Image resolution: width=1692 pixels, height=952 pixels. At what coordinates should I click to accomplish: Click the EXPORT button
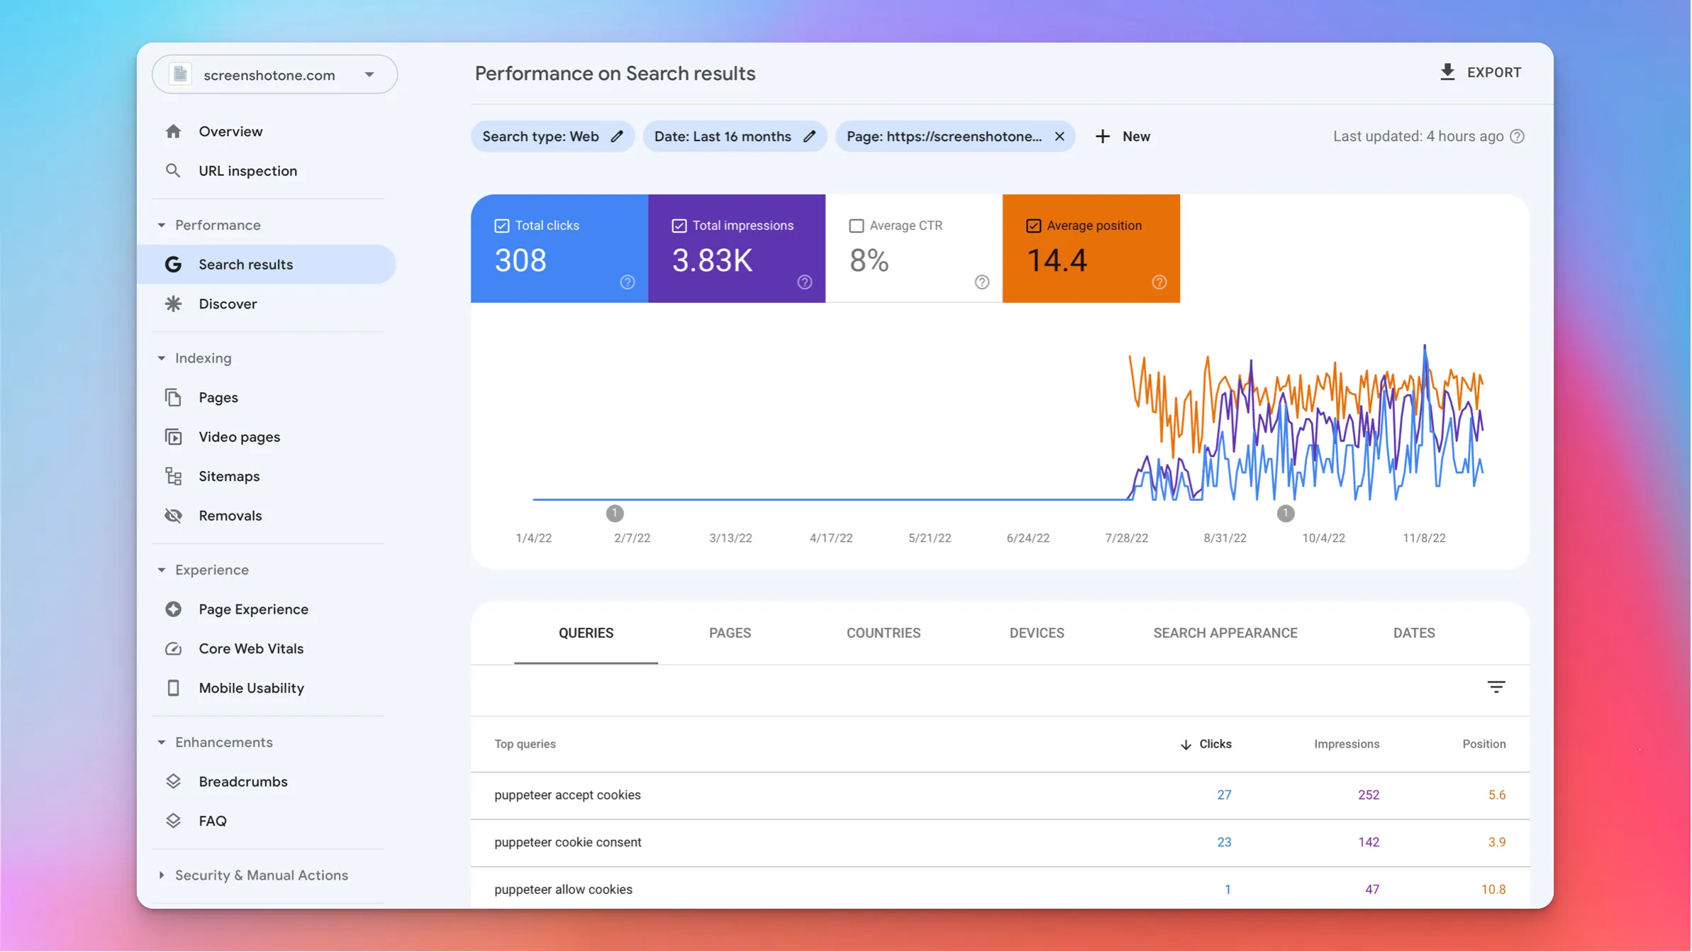[x=1481, y=72]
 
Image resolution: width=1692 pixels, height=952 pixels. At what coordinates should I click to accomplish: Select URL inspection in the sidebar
[x=247, y=171]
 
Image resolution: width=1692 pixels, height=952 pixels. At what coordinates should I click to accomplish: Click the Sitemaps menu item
[x=228, y=477]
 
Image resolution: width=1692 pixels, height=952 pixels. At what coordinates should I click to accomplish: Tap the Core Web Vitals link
[x=250, y=649]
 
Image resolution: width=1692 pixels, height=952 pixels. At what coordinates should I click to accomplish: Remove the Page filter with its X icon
[x=1059, y=136]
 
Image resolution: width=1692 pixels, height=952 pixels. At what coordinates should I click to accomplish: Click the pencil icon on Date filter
[x=809, y=136]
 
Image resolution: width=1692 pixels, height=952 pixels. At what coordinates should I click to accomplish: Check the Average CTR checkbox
[x=856, y=226]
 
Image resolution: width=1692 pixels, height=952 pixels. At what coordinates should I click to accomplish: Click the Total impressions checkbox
[x=679, y=226]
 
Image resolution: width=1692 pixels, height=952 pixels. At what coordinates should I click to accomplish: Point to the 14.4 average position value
[x=1057, y=260]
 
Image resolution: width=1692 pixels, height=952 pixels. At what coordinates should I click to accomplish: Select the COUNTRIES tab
[x=883, y=633]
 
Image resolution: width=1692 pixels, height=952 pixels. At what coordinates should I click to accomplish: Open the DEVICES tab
[x=1036, y=633]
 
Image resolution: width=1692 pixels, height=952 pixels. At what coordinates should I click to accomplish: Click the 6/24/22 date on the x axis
[x=1028, y=538]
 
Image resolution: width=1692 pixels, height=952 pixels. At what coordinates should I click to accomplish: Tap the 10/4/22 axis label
[x=1323, y=538]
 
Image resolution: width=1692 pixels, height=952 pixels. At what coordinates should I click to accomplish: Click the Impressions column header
[x=1346, y=744]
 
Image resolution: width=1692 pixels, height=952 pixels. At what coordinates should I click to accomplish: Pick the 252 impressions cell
[x=1368, y=795]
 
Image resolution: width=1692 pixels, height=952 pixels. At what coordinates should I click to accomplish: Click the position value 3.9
[x=1496, y=843]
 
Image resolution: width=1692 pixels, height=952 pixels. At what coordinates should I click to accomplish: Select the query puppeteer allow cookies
[x=563, y=890]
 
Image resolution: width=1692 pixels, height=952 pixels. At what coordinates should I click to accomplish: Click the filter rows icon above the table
[x=1496, y=687]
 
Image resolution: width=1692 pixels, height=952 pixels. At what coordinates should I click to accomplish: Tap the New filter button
[x=1123, y=136]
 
